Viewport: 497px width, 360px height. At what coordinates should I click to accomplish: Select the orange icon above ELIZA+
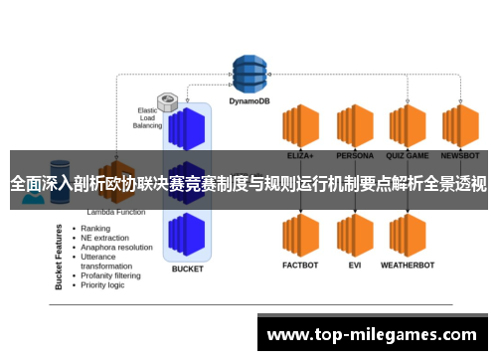coord(299,125)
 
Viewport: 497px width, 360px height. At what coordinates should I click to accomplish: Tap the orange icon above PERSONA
coord(355,125)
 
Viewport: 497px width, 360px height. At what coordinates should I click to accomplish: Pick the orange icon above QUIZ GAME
coord(408,125)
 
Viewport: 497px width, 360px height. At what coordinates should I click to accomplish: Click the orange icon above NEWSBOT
coord(460,125)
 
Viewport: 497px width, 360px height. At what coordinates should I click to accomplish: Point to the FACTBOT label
coord(299,266)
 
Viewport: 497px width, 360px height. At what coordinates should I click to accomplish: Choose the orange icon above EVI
coord(355,235)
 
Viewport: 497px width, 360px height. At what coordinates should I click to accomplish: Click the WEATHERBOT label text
coord(408,266)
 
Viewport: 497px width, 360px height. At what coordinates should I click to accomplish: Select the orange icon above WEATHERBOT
coord(408,235)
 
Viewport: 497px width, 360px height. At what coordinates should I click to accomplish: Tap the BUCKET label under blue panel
coord(187,269)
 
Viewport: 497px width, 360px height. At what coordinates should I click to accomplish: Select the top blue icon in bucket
coord(187,127)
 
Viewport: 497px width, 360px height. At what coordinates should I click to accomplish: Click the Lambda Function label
coord(117,213)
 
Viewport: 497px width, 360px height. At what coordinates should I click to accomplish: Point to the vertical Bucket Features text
coord(60,257)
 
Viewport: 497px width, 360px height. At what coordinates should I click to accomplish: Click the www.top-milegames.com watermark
coord(373,335)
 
